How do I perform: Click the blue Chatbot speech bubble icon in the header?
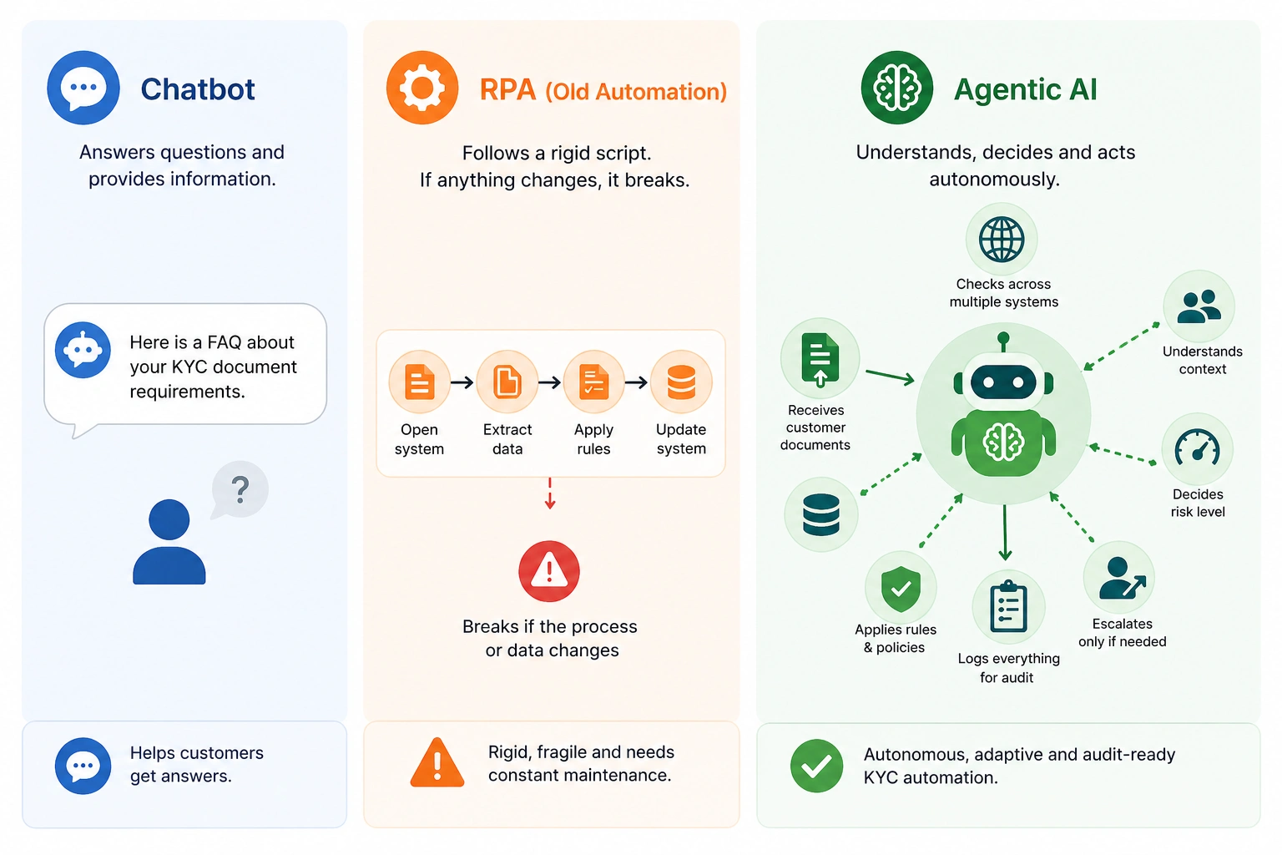click(83, 88)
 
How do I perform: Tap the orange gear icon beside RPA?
click(422, 88)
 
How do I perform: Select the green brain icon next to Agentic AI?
click(897, 88)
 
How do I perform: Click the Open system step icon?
click(419, 382)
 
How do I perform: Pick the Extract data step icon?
click(507, 382)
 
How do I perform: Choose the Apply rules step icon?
click(593, 382)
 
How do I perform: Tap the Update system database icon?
click(681, 382)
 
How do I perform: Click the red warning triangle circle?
click(549, 571)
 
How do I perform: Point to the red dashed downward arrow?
click(549, 493)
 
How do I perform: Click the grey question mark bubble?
click(240, 489)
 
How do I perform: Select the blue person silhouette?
click(169, 542)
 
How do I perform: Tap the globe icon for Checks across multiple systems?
click(1002, 240)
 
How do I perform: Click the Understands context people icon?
click(1199, 306)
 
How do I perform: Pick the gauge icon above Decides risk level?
click(1198, 449)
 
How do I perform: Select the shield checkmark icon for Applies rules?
click(901, 588)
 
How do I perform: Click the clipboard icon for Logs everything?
click(1008, 607)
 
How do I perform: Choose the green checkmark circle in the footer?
click(816, 766)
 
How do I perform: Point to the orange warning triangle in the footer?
click(437, 764)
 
